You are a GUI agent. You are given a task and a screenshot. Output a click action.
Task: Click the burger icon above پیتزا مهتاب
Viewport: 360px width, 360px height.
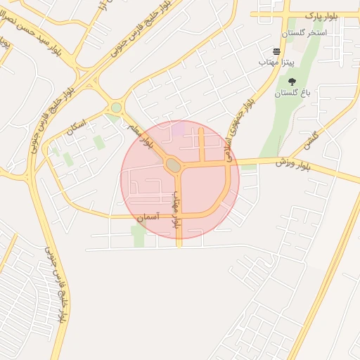point(276,51)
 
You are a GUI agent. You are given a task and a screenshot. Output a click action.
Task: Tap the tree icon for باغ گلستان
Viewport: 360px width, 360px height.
point(292,82)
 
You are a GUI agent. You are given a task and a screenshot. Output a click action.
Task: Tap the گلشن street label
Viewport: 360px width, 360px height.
point(311,141)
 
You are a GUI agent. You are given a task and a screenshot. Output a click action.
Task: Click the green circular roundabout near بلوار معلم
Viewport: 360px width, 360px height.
point(116,108)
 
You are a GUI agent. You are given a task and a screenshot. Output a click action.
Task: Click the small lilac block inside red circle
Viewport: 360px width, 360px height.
point(179,128)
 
